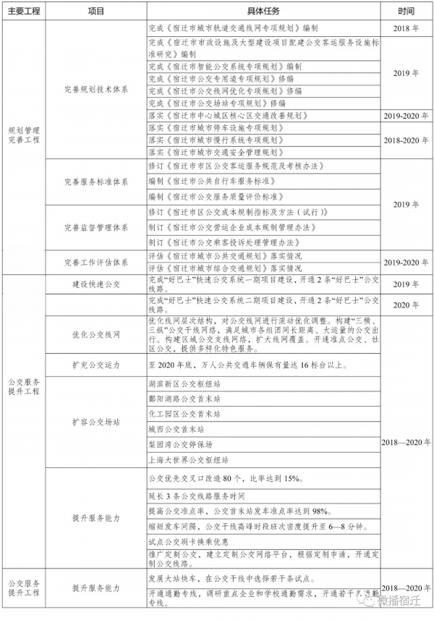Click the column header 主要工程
(24, 12)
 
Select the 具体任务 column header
(263, 12)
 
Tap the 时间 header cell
(406, 12)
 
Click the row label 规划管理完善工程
(24, 133)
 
